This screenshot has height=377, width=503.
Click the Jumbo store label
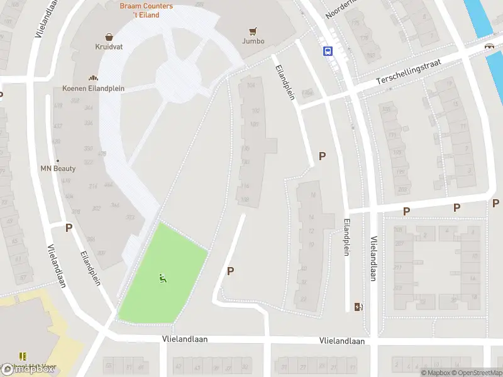point(253,41)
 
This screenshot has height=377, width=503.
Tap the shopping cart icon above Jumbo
point(253,30)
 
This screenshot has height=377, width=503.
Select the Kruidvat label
point(109,47)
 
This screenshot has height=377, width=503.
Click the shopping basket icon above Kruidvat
point(109,36)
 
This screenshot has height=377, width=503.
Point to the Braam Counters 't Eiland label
point(146,10)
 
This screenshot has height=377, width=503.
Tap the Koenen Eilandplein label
point(93,89)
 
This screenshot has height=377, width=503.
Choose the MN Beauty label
point(58,168)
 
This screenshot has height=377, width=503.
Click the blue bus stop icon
point(328,52)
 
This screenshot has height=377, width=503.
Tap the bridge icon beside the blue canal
point(489,46)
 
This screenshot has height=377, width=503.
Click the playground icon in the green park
point(163,278)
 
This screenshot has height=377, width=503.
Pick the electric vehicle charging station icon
point(358,307)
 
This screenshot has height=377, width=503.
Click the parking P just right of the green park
point(230,271)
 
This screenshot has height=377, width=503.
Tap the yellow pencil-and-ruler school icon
point(23,356)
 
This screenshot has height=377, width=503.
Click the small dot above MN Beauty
point(57,160)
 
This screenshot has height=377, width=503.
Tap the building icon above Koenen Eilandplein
point(93,78)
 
